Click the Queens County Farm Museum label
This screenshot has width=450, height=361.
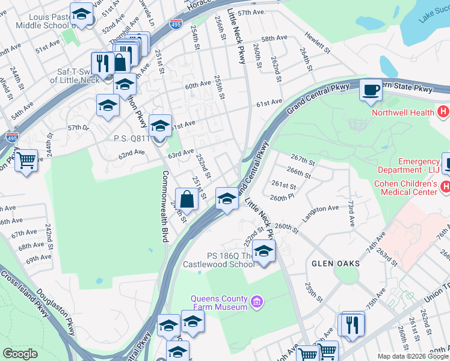click(x=219, y=303)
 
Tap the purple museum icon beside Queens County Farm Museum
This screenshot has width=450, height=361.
click(x=256, y=300)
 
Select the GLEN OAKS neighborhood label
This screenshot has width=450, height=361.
click(x=336, y=264)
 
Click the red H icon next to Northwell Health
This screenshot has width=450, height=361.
click(x=443, y=111)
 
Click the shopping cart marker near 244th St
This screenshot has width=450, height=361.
click(x=26, y=161)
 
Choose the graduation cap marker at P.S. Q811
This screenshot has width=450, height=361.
click(x=160, y=126)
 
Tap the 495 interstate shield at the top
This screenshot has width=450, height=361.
click(x=176, y=24)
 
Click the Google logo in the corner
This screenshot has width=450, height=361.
click(x=20, y=354)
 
